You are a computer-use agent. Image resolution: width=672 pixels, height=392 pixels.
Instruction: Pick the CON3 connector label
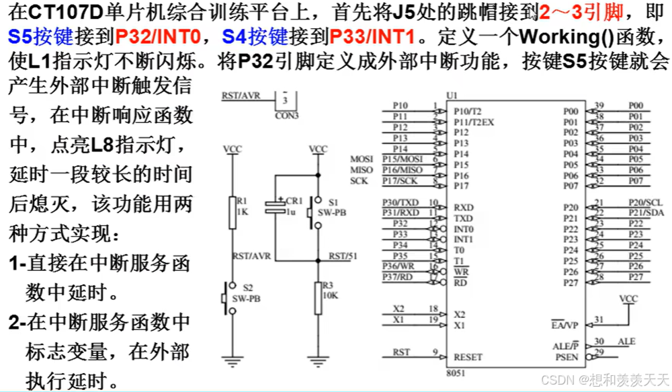(x=288, y=115)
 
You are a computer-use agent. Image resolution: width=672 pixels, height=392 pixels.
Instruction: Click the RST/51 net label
(x=343, y=256)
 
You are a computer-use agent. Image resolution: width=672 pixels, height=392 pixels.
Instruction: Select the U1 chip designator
(x=452, y=96)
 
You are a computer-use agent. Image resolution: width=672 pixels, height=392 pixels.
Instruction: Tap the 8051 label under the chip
(x=455, y=375)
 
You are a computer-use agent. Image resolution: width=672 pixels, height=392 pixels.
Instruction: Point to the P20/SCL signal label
(x=645, y=202)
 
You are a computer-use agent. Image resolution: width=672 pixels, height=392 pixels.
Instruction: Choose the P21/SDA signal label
(x=645, y=213)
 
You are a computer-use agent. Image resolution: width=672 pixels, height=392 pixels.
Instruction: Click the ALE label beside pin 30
(x=626, y=342)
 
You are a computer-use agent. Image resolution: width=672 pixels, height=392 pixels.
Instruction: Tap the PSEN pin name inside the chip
(x=566, y=358)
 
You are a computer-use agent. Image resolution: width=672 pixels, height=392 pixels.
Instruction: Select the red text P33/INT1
(x=371, y=35)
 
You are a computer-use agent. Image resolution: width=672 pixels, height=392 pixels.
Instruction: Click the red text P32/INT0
(x=158, y=35)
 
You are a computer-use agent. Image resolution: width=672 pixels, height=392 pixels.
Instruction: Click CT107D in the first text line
(x=56, y=11)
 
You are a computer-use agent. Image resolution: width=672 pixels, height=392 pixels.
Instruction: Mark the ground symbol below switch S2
(x=233, y=363)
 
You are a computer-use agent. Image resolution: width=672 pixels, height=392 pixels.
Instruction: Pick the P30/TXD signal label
(x=401, y=202)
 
